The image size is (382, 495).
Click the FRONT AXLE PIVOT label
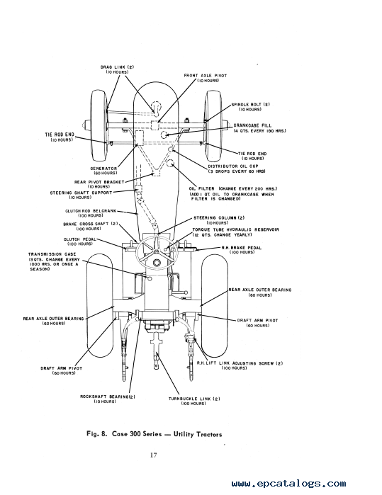pyautogui.click(x=206, y=76)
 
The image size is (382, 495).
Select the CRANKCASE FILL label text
pyautogui.click(x=252, y=125)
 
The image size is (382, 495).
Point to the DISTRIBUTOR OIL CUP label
pyautogui.click(x=233, y=166)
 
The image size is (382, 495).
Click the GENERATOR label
pyautogui.click(x=103, y=169)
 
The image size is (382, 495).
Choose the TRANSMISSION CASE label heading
pyautogui.click(x=52, y=254)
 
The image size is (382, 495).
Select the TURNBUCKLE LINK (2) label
pyautogui.click(x=194, y=399)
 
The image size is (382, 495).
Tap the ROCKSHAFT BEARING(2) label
pyautogui.click(x=108, y=397)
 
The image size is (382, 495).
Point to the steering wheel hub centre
pyautogui.click(x=157, y=263)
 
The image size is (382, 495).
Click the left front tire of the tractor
pyautogui.click(x=99, y=125)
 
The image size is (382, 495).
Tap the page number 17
pyautogui.click(x=153, y=455)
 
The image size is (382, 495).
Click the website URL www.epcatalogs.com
pyautogui.click(x=288, y=484)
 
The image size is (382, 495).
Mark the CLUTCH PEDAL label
pyautogui.click(x=80, y=239)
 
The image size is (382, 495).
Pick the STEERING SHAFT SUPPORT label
pyautogui.click(x=81, y=193)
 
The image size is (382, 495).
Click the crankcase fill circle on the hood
pyautogui.click(x=164, y=135)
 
